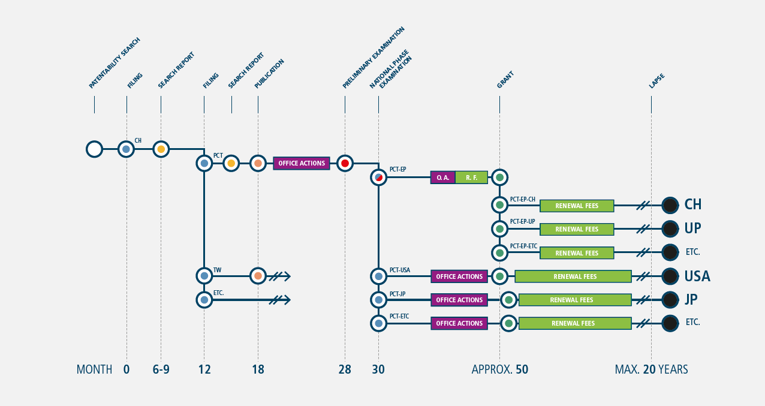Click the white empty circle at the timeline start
(x=94, y=149)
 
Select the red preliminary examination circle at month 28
(x=345, y=163)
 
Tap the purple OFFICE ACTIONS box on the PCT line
(x=302, y=163)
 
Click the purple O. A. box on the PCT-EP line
(x=443, y=178)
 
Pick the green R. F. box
(x=472, y=178)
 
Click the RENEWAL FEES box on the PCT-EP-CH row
(x=577, y=206)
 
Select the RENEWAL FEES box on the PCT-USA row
(x=573, y=276)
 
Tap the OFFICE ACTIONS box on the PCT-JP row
(x=459, y=300)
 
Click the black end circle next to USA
(x=670, y=276)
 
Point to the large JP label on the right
(x=691, y=300)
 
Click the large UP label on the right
(x=693, y=228)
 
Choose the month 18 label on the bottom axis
(x=258, y=369)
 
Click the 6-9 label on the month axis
(x=161, y=369)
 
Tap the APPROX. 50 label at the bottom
(x=499, y=369)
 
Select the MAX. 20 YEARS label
(x=651, y=369)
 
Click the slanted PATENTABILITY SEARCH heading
(x=115, y=63)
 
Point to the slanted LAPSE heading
(x=656, y=81)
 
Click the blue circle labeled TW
(x=204, y=276)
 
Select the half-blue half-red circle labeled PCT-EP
(x=378, y=178)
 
